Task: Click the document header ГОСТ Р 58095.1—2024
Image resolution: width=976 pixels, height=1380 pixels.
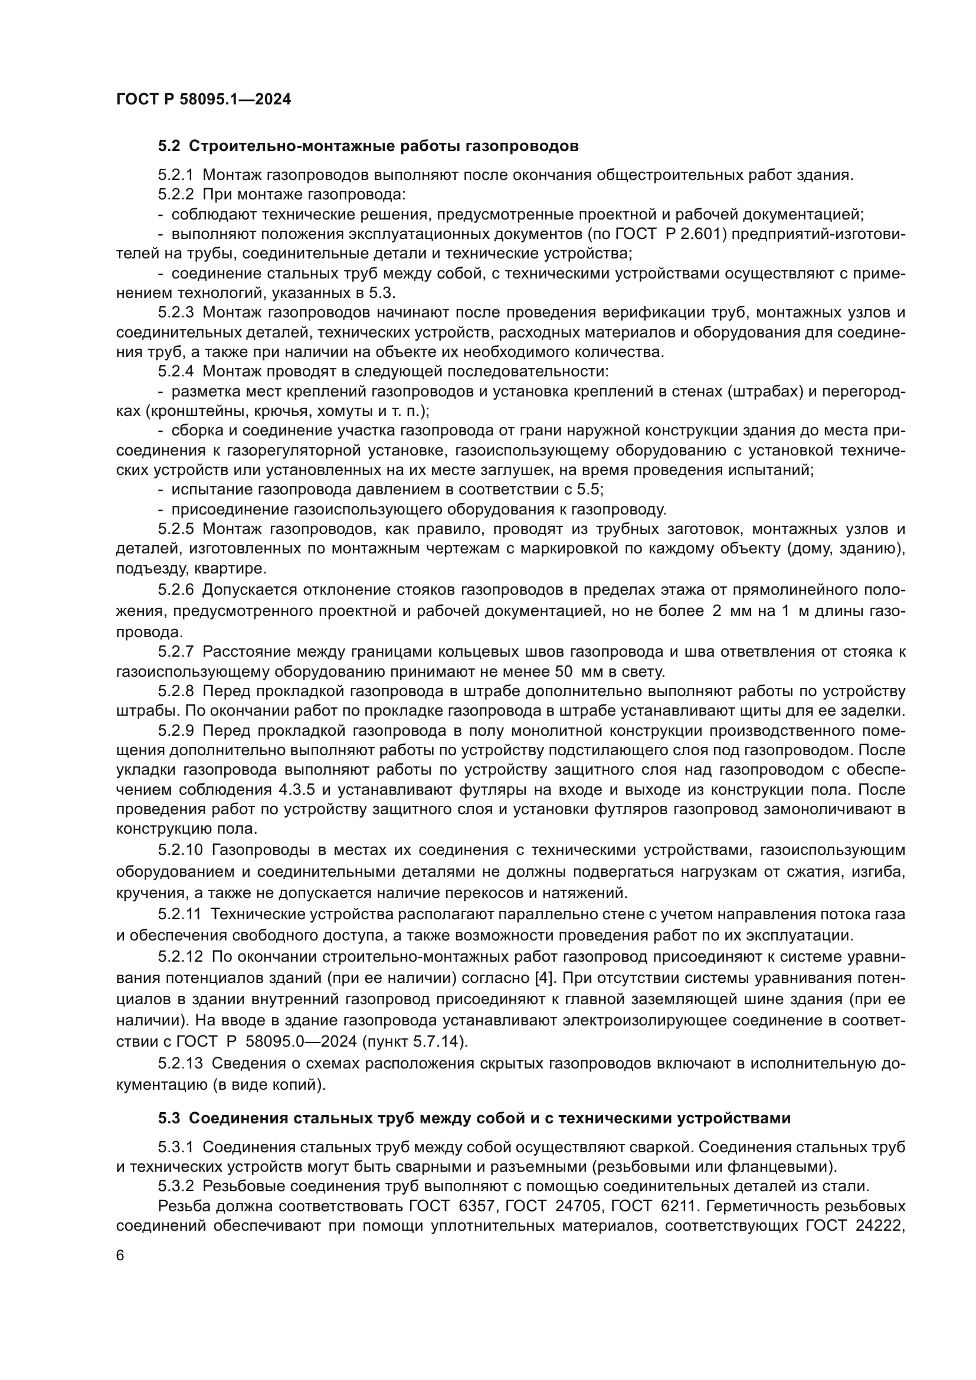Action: (203, 99)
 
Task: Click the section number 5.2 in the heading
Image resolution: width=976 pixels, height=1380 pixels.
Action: (169, 146)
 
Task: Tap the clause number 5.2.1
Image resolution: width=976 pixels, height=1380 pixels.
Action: (175, 175)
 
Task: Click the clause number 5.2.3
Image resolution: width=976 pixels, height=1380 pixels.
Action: (175, 313)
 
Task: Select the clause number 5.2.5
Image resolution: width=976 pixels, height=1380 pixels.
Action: (175, 529)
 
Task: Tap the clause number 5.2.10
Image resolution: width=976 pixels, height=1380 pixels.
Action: (180, 851)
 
